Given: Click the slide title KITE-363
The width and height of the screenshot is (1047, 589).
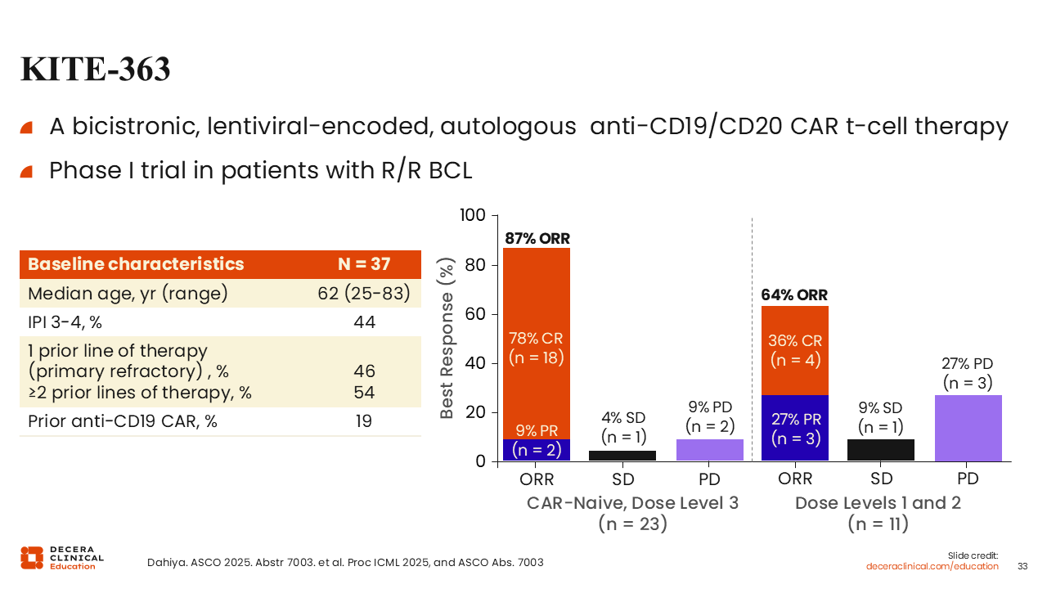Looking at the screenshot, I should pyautogui.click(x=95, y=70).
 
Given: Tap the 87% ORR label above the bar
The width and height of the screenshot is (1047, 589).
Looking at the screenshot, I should pyautogui.click(x=537, y=239).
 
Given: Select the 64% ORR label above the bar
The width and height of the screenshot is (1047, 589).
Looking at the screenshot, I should pyautogui.click(x=794, y=295).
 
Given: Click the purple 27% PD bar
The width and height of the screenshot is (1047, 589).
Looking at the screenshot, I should pyautogui.click(x=968, y=428).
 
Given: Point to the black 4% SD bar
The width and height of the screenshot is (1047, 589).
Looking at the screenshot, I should pyautogui.click(x=623, y=456).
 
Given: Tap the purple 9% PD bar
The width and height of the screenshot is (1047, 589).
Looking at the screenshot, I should pyautogui.click(x=709, y=450).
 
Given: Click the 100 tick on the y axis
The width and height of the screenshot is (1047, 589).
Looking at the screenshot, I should pyautogui.click(x=474, y=216).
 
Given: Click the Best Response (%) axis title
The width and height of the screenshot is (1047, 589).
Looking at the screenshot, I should pyautogui.click(x=447, y=338).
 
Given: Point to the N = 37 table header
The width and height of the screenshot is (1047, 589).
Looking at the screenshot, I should pyautogui.click(x=364, y=264).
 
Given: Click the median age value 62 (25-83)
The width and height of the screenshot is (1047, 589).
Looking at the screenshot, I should pyautogui.click(x=363, y=294).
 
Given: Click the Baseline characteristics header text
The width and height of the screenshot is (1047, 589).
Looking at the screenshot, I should pyautogui.click(x=136, y=264).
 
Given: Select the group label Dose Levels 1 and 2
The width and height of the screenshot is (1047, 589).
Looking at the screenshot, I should pyautogui.click(x=878, y=503).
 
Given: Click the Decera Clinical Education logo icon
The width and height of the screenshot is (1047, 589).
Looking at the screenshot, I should pyautogui.click(x=32, y=557).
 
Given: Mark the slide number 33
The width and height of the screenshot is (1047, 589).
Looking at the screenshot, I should pyautogui.click(x=1022, y=566).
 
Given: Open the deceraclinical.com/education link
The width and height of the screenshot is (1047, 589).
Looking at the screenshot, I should pyautogui.click(x=932, y=566).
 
